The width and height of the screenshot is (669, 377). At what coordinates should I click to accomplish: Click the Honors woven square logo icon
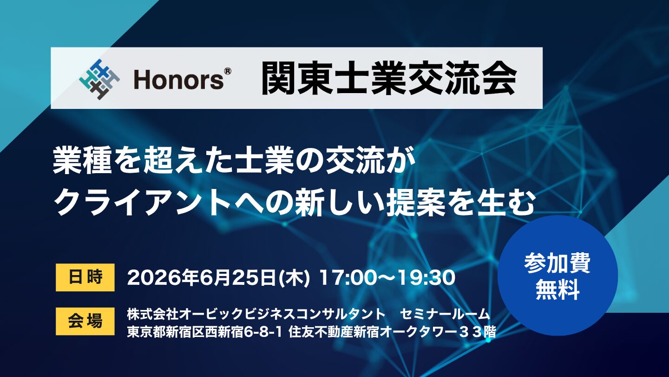[x=99, y=80]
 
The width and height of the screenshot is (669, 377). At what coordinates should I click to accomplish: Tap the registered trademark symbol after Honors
[x=227, y=72]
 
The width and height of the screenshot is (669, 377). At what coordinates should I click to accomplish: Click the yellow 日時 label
[x=85, y=277]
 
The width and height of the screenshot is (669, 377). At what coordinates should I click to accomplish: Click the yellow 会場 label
[x=85, y=321]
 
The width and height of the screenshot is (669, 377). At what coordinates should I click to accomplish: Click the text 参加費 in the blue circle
[x=557, y=263]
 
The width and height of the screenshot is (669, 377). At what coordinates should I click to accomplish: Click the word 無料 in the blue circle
[x=557, y=290]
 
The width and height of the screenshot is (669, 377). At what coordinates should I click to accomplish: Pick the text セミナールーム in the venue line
[x=445, y=314]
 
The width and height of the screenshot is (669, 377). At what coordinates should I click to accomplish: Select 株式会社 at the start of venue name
[x=152, y=314]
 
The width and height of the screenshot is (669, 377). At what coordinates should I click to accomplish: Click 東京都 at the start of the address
[x=146, y=332]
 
